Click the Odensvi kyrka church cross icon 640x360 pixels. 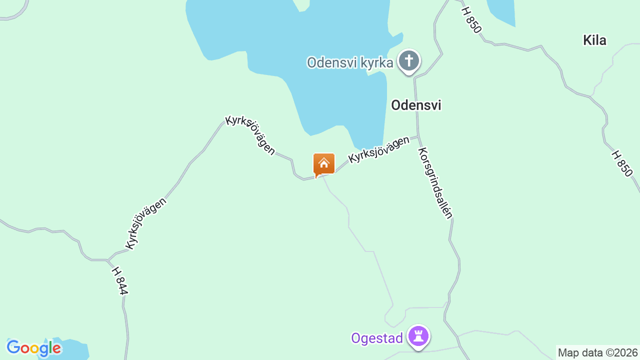pos(409,61)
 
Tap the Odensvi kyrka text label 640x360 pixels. pos(349,63)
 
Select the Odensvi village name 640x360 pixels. pos(416,105)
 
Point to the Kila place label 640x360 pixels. pos(594,40)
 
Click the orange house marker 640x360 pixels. pos(323,164)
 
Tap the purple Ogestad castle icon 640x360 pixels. pos(418,336)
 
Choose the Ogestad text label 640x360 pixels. pos(376,338)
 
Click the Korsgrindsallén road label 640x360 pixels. pos(435,183)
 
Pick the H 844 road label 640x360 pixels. pos(119,280)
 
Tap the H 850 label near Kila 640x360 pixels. pos(471,20)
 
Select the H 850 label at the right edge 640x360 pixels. pos(622,163)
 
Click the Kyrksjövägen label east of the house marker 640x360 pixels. pos(379,149)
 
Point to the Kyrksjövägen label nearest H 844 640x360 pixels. pos(145,223)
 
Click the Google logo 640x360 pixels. pos(34,348)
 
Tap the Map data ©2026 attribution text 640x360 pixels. pos(597,352)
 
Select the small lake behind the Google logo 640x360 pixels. pos(75,349)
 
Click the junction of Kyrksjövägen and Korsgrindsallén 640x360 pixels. pos(418,135)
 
